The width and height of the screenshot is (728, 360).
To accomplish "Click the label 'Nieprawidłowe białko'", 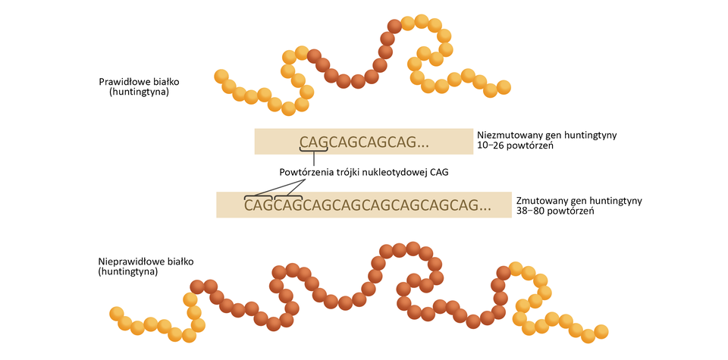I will pyautogui.click(x=146, y=261).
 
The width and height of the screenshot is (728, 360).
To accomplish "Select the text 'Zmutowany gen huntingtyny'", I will pyautogui.click(x=579, y=201).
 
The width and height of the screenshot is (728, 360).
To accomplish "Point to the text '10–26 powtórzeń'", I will pyautogui.click(x=513, y=146).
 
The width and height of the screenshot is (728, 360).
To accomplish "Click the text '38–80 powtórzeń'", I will pyautogui.click(x=554, y=211).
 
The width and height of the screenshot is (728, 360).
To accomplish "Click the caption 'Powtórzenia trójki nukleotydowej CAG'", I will pyautogui.click(x=364, y=172).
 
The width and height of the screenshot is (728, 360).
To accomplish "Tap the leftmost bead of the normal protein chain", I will pyautogui.click(x=221, y=76).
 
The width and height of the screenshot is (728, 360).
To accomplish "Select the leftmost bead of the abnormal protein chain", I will pyautogui.click(x=117, y=314).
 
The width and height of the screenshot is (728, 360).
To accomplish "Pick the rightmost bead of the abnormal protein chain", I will pyautogui.click(x=601, y=331).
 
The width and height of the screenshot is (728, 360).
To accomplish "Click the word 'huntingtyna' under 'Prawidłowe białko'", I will pyautogui.click(x=139, y=92).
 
